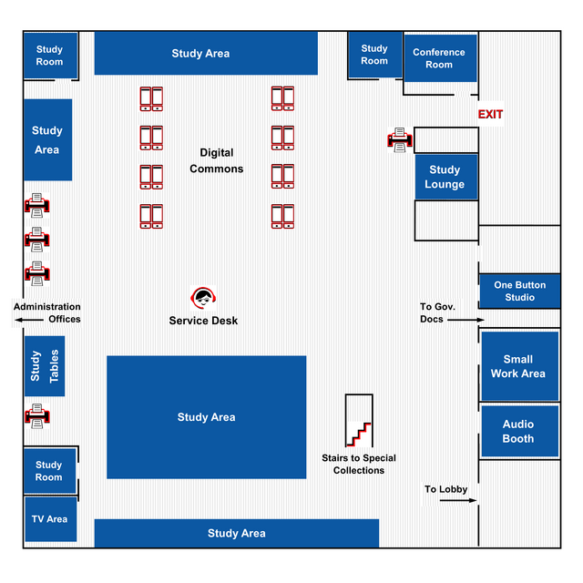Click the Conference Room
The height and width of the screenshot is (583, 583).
click(439, 58)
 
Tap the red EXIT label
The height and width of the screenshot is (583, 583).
click(491, 115)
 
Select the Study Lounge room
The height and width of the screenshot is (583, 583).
click(445, 177)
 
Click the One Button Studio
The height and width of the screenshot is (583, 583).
click(520, 291)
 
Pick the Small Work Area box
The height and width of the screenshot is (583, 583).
click(517, 366)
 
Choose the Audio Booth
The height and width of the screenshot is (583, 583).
click(518, 431)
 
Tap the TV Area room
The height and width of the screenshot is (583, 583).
click(50, 519)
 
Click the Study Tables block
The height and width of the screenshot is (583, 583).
click(44, 366)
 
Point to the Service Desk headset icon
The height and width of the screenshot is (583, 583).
click(204, 298)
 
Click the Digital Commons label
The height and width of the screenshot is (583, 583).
click(217, 160)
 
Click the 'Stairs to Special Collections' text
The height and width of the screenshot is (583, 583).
click(359, 464)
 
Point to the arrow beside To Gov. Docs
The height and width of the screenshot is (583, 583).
click(466, 320)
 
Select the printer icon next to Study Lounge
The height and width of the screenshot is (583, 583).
click(400, 139)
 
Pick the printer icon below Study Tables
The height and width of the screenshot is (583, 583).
click(36, 416)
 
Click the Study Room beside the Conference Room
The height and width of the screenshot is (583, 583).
click(373, 55)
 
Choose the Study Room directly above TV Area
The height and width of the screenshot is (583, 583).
click(49, 471)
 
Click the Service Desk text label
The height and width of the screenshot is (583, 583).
click(203, 321)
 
